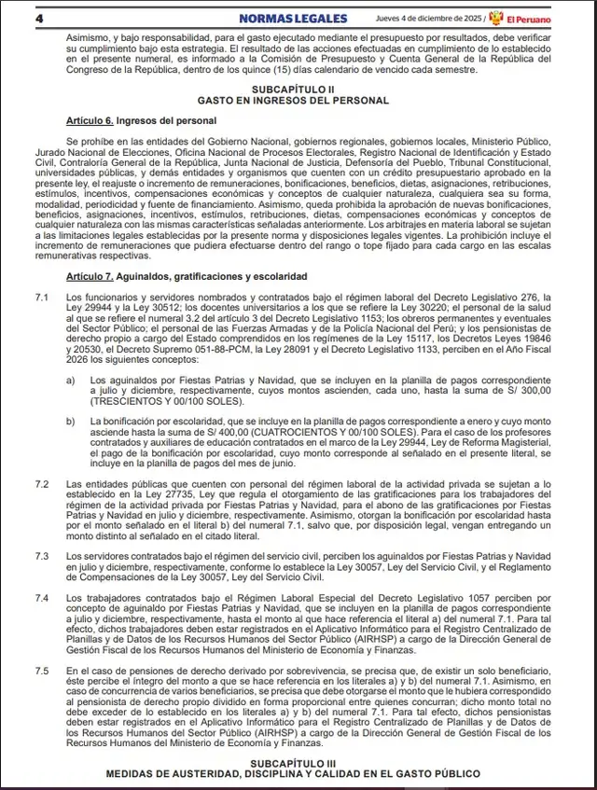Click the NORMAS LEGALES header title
click(x=293, y=18)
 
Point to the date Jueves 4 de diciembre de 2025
click(x=425, y=18)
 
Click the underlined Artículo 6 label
click(x=90, y=121)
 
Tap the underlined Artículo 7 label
click(x=90, y=277)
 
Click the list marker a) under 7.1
click(x=71, y=381)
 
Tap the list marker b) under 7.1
click(x=71, y=423)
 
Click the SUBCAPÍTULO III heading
click(x=298, y=764)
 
